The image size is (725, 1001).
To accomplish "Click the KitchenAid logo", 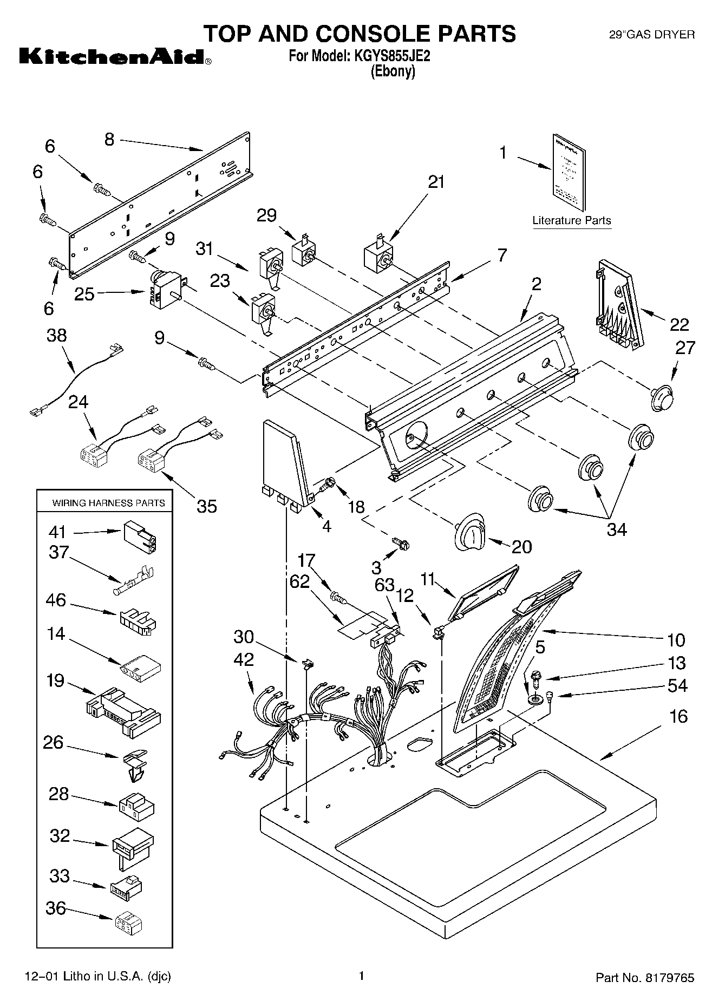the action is click(x=115, y=57).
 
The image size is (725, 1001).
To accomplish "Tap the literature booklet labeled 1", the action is click(x=569, y=171).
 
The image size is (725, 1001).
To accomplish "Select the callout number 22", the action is click(x=679, y=324).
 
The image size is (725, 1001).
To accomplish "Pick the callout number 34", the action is click(x=616, y=529).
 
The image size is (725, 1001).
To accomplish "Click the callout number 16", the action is click(x=678, y=717).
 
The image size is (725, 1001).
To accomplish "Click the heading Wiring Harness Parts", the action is click(x=108, y=503).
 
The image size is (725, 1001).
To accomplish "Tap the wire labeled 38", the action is click(x=76, y=380).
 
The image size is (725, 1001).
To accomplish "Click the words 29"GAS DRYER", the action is click(x=652, y=35).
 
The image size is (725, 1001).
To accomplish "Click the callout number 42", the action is click(x=244, y=660).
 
